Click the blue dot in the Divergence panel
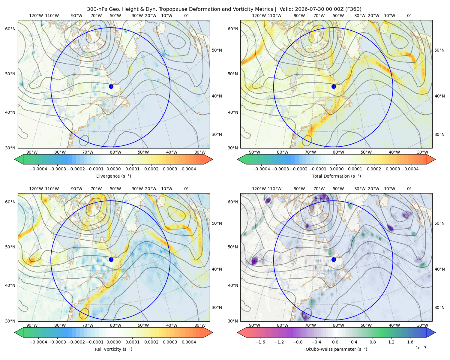111,86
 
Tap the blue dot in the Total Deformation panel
334,86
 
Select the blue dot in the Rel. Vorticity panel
111,259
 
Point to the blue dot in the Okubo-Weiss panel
334,259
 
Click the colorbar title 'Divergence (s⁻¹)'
113,176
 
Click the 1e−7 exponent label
421,348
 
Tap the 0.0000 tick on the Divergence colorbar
113,169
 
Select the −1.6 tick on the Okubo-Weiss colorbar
260,342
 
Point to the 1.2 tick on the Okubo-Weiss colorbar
391,342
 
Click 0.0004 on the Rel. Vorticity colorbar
189,342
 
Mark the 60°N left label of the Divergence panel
10,29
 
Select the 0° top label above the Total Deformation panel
409,16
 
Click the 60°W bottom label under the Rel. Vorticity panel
115,325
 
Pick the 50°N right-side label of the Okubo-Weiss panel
439,223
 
